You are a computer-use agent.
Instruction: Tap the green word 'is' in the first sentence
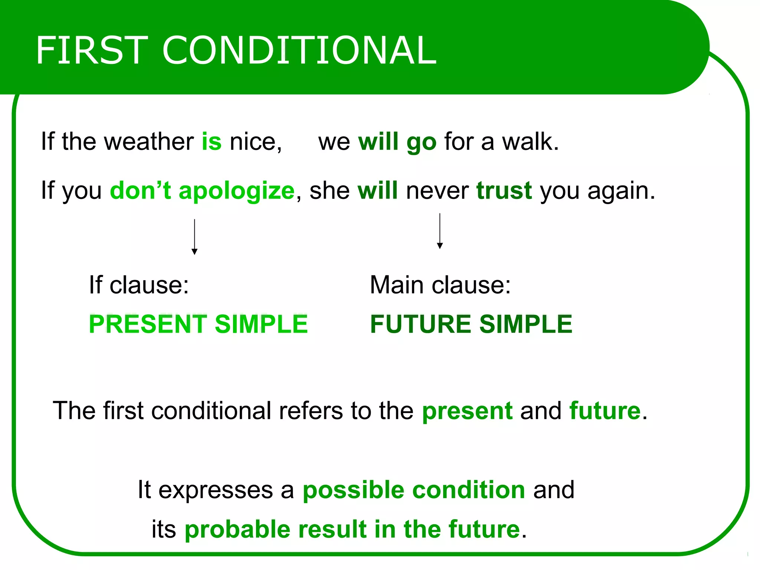tap(212, 141)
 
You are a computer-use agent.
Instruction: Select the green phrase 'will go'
tap(397, 142)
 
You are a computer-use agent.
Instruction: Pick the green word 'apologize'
tap(236, 191)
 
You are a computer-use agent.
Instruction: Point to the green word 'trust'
tap(504, 190)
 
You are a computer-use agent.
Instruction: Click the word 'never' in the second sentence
tap(437, 191)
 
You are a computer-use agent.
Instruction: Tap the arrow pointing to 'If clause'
tap(194, 237)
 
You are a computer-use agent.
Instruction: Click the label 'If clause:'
tap(139, 285)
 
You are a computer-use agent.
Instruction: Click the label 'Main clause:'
tap(440, 285)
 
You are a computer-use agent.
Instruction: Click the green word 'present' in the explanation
tap(467, 411)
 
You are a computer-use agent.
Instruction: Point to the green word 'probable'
tap(237, 529)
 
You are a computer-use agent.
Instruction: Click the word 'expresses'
tap(216, 490)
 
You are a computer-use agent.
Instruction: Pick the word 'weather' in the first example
tap(149, 141)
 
